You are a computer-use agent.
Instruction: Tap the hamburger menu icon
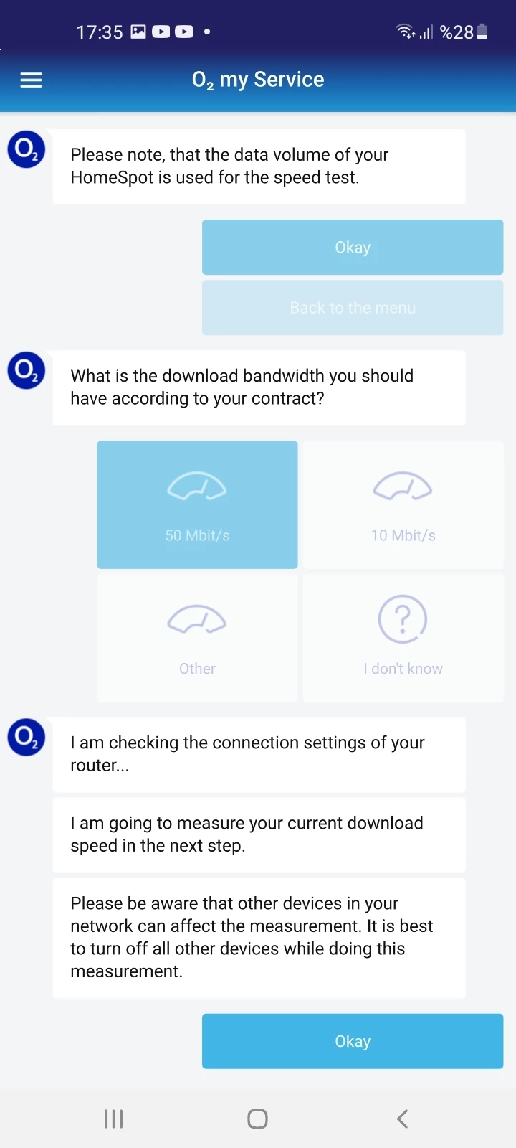tap(32, 80)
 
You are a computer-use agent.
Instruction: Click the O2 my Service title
tap(258, 80)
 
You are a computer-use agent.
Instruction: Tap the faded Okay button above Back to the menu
tap(353, 247)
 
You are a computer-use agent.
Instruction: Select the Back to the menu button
tap(353, 308)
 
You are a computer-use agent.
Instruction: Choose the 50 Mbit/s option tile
tap(197, 504)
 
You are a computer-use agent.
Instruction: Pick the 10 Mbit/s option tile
tap(403, 504)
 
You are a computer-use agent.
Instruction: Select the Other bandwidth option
tap(197, 638)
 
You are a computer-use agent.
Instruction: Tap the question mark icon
tap(403, 618)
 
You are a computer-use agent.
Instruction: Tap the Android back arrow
tap(402, 1119)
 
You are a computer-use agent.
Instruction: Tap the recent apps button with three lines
tap(114, 1119)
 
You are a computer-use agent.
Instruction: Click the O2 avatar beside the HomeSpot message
tap(26, 150)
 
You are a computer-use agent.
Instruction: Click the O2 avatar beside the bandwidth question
tap(26, 370)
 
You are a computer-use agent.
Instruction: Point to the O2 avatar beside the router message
tap(26, 737)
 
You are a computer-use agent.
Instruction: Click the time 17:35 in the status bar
tap(100, 32)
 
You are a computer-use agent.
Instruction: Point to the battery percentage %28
tap(457, 32)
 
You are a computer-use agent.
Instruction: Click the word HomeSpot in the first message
tap(112, 177)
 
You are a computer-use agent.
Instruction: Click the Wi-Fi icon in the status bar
tap(406, 32)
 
